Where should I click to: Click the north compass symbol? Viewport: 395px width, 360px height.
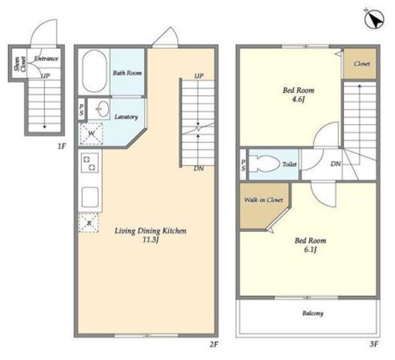tap(374, 19)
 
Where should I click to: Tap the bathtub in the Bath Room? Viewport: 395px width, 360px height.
tap(94, 72)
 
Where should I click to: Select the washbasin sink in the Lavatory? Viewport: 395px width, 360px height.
tap(103, 109)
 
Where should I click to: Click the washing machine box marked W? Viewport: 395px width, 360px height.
tap(91, 134)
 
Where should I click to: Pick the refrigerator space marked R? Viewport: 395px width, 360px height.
tap(89, 222)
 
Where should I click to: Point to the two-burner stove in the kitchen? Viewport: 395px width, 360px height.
tap(89, 163)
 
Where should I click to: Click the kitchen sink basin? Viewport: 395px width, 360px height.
tap(89, 197)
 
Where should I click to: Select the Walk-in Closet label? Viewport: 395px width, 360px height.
tap(264, 200)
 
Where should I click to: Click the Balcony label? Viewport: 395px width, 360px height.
tap(313, 313)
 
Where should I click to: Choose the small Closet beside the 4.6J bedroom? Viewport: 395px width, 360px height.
tap(360, 64)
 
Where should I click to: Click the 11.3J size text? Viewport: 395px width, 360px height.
tap(151, 240)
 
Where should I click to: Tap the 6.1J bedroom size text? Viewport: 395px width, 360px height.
tap(310, 249)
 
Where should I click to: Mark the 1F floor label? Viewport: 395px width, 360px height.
tap(62, 146)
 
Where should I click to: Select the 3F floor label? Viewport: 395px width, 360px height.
tap(374, 344)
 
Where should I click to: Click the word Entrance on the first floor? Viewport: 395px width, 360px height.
tap(46, 59)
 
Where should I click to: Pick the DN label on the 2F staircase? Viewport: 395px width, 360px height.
tap(199, 169)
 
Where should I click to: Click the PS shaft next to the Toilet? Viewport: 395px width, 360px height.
tap(243, 165)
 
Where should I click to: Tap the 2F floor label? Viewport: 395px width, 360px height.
tap(214, 345)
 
